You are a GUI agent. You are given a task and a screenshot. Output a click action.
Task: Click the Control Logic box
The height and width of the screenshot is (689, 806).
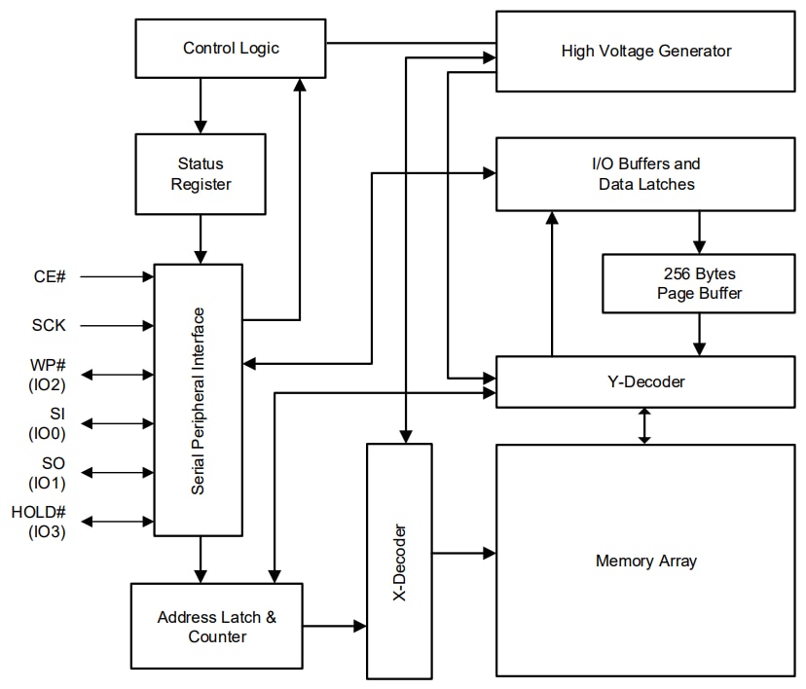click(x=230, y=49)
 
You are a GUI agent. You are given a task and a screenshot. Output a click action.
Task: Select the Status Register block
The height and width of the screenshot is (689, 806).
click(x=201, y=174)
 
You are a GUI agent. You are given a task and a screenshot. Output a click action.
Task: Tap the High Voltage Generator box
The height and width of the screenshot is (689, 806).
click(x=646, y=51)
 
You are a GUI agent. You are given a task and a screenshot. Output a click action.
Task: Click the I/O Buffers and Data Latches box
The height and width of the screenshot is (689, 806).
click(x=646, y=173)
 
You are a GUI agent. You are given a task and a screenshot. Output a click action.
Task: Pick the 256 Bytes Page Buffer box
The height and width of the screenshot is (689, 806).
click(x=698, y=283)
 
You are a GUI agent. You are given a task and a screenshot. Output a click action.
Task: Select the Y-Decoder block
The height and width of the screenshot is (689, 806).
click(x=646, y=381)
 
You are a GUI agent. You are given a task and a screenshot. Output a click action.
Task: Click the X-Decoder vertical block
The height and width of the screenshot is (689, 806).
click(x=399, y=561)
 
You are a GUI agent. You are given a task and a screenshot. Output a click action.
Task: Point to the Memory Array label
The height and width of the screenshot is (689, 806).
click(x=646, y=561)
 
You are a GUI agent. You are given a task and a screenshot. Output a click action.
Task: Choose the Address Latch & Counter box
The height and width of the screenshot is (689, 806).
click(x=217, y=627)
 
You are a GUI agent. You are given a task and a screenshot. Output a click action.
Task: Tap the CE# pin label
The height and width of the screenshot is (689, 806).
click(x=49, y=277)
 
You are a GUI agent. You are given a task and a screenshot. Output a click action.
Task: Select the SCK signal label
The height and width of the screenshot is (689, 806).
click(x=49, y=325)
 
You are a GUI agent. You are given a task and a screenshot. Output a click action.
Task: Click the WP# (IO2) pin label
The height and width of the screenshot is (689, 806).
click(x=49, y=374)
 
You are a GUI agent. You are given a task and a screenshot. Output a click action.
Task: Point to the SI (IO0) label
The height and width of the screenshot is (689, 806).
click(x=49, y=423)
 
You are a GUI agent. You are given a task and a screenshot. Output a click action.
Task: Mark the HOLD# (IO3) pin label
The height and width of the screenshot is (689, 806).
click(x=39, y=522)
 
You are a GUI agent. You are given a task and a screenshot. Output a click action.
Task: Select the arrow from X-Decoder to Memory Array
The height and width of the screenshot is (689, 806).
click(x=463, y=553)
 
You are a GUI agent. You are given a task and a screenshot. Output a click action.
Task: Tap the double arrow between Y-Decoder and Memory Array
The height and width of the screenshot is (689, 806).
click(x=643, y=426)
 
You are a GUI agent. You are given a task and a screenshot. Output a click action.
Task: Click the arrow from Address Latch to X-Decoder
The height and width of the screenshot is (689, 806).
click(x=334, y=626)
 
